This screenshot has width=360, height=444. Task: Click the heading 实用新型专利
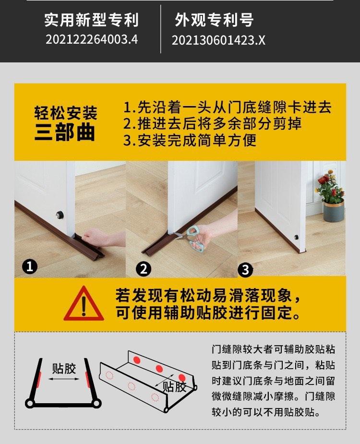click(x=91, y=20)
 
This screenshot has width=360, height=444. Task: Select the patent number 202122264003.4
click(x=91, y=39)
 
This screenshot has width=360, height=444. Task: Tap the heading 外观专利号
click(x=214, y=20)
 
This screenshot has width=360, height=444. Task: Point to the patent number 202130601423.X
click(x=218, y=41)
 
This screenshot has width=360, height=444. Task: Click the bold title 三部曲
click(x=65, y=133)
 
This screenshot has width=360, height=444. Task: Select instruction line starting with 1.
click(x=227, y=107)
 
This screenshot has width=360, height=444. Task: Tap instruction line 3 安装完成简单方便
click(x=190, y=140)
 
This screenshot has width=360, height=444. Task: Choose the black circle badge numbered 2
click(x=144, y=269)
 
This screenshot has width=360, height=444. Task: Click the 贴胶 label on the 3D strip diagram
click(x=174, y=386)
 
